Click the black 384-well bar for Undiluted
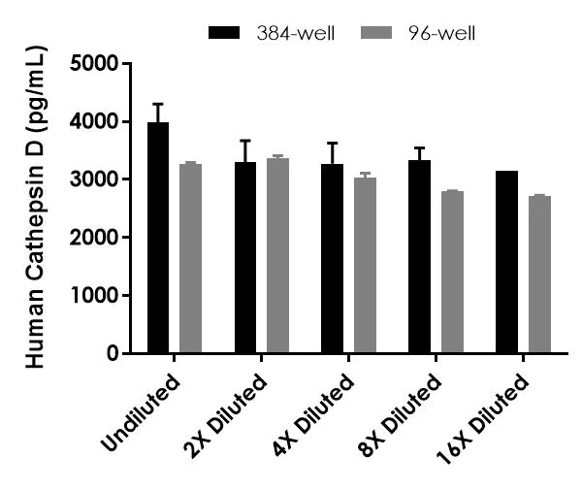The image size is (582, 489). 157,238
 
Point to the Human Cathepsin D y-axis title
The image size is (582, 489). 39,209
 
